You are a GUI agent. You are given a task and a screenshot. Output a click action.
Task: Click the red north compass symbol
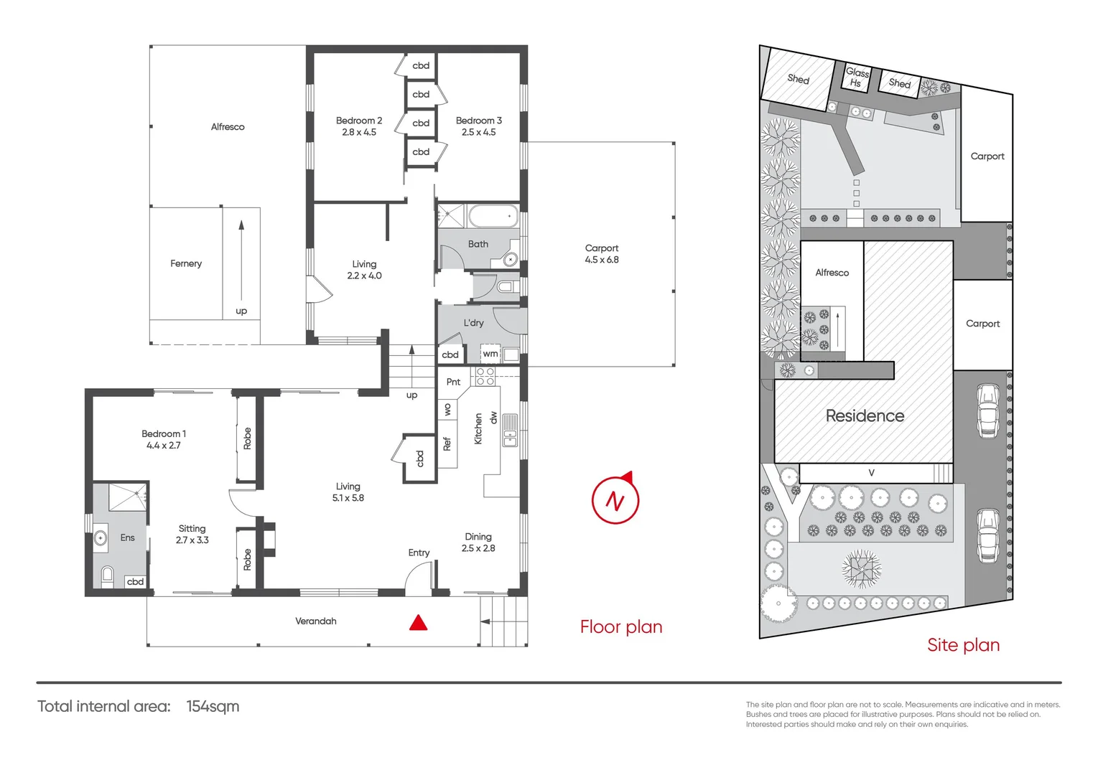(x=615, y=499)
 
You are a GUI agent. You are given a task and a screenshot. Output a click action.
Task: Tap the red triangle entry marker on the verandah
(x=419, y=623)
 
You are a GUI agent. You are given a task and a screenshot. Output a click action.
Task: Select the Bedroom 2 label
(x=359, y=126)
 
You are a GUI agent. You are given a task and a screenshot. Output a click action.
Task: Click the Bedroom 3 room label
(x=479, y=126)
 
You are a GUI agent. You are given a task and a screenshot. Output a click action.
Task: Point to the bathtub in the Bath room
(x=493, y=216)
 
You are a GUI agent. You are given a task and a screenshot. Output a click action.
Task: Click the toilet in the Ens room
(x=107, y=575)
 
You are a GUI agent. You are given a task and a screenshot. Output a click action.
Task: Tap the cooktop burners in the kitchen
(x=485, y=376)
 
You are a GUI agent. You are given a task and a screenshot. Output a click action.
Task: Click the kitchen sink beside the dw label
(x=510, y=430)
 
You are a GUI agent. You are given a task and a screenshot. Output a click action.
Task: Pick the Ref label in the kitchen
(x=447, y=444)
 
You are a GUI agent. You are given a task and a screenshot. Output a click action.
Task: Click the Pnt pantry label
(x=454, y=382)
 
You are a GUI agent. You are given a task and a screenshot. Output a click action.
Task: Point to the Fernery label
(x=186, y=263)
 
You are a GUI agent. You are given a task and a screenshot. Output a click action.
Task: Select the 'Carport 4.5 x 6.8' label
(x=602, y=254)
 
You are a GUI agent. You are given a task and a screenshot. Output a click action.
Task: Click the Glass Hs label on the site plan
(x=857, y=77)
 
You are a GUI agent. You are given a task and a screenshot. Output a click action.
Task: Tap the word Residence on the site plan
(x=865, y=415)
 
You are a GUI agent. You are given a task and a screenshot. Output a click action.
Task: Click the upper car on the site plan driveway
(x=988, y=410)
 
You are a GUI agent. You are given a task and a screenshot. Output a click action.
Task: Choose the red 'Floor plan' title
(x=621, y=626)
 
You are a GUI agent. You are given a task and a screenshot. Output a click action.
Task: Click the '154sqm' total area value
(x=213, y=706)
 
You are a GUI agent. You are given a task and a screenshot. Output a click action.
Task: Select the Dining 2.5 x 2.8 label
(x=478, y=542)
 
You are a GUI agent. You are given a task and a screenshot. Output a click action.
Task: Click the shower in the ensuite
(x=127, y=497)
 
